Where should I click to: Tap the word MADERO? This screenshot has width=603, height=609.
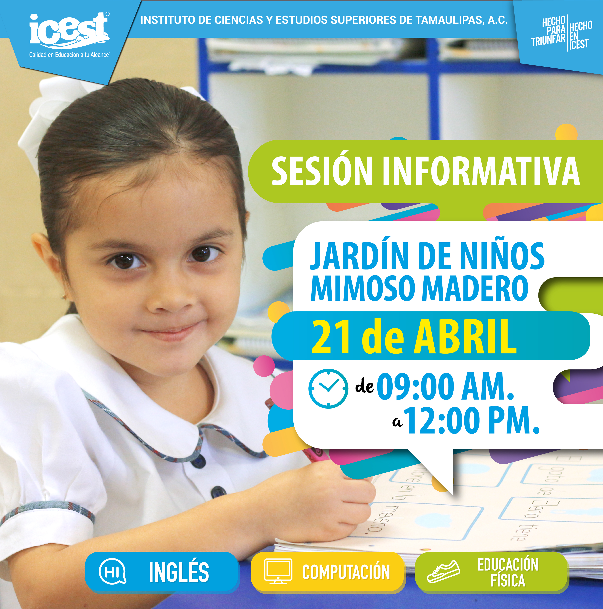475,288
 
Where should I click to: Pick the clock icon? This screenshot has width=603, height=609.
328,389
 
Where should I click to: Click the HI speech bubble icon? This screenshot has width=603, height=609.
113,571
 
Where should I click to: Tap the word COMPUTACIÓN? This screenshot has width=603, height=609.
346,572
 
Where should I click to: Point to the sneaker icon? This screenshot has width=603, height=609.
443,571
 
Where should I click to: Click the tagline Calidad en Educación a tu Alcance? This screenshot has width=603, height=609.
69,55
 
